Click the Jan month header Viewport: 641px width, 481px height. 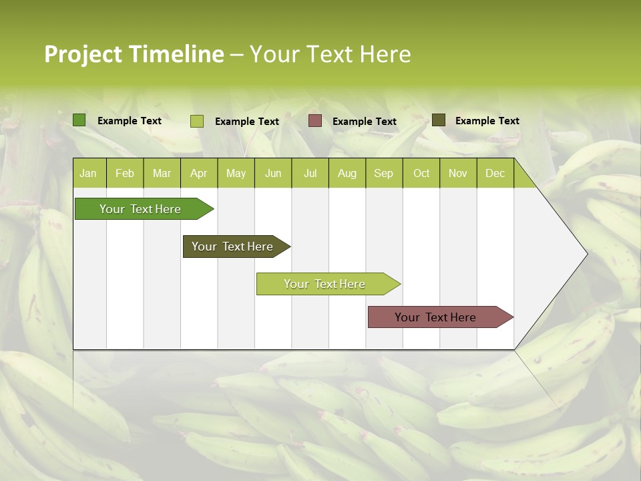88,173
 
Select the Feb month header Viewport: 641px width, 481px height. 125,173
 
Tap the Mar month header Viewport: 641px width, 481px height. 162,173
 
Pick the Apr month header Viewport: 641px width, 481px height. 198,173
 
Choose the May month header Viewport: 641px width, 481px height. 236,173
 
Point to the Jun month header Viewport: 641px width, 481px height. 273,173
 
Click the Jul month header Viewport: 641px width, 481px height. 310,173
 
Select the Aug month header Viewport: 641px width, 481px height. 347,173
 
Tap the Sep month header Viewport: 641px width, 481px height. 383,173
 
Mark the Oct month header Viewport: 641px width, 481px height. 421,173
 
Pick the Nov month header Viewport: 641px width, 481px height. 458,173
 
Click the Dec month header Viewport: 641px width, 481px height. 495,173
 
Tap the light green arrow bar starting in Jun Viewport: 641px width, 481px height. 325,284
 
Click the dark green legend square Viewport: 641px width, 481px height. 79,120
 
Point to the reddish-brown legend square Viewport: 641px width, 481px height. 315,121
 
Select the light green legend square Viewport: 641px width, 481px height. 197,121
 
